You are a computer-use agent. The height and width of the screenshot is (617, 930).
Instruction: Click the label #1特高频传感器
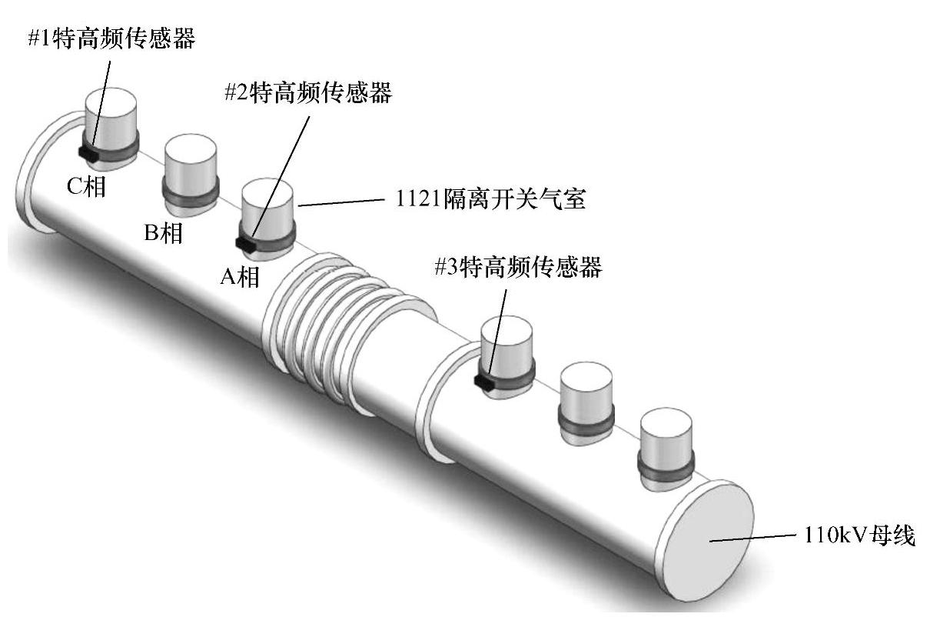click(x=111, y=38)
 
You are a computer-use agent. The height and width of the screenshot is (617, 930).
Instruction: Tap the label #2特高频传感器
click(x=307, y=93)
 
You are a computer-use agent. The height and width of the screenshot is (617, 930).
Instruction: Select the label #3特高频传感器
click(x=517, y=268)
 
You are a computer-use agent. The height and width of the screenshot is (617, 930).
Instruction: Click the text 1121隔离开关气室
click(x=491, y=201)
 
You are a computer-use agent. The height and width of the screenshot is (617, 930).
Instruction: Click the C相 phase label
click(x=85, y=186)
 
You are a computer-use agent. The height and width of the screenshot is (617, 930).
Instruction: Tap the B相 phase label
click(x=164, y=232)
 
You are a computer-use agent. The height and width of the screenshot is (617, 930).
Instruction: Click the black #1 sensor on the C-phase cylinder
click(x=88, y=153)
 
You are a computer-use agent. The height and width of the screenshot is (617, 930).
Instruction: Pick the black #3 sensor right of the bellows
click(x=484, y=380)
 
